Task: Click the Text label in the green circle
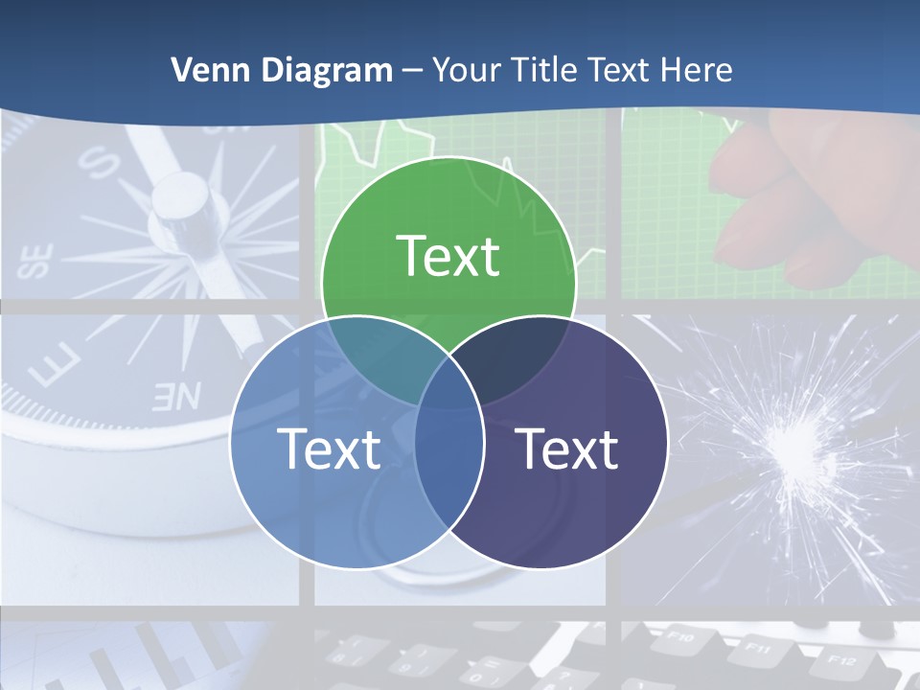[x=448, y=256]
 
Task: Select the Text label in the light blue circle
[x=329, y=448]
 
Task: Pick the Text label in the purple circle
[x=567, y=448]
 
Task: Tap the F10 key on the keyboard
[x=681, y=634]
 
